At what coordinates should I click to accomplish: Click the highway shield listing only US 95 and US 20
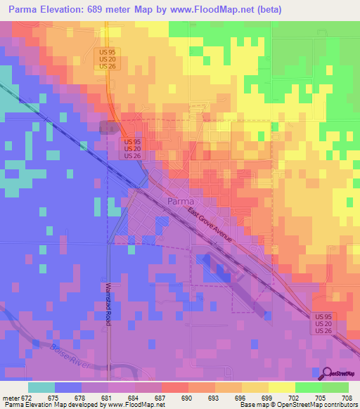(x=107, y=58)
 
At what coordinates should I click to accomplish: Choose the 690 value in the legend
(x=186, y=398)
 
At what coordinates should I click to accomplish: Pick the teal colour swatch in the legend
(x=41, y=387)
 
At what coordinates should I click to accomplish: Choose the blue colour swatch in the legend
(x=67, y=387)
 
